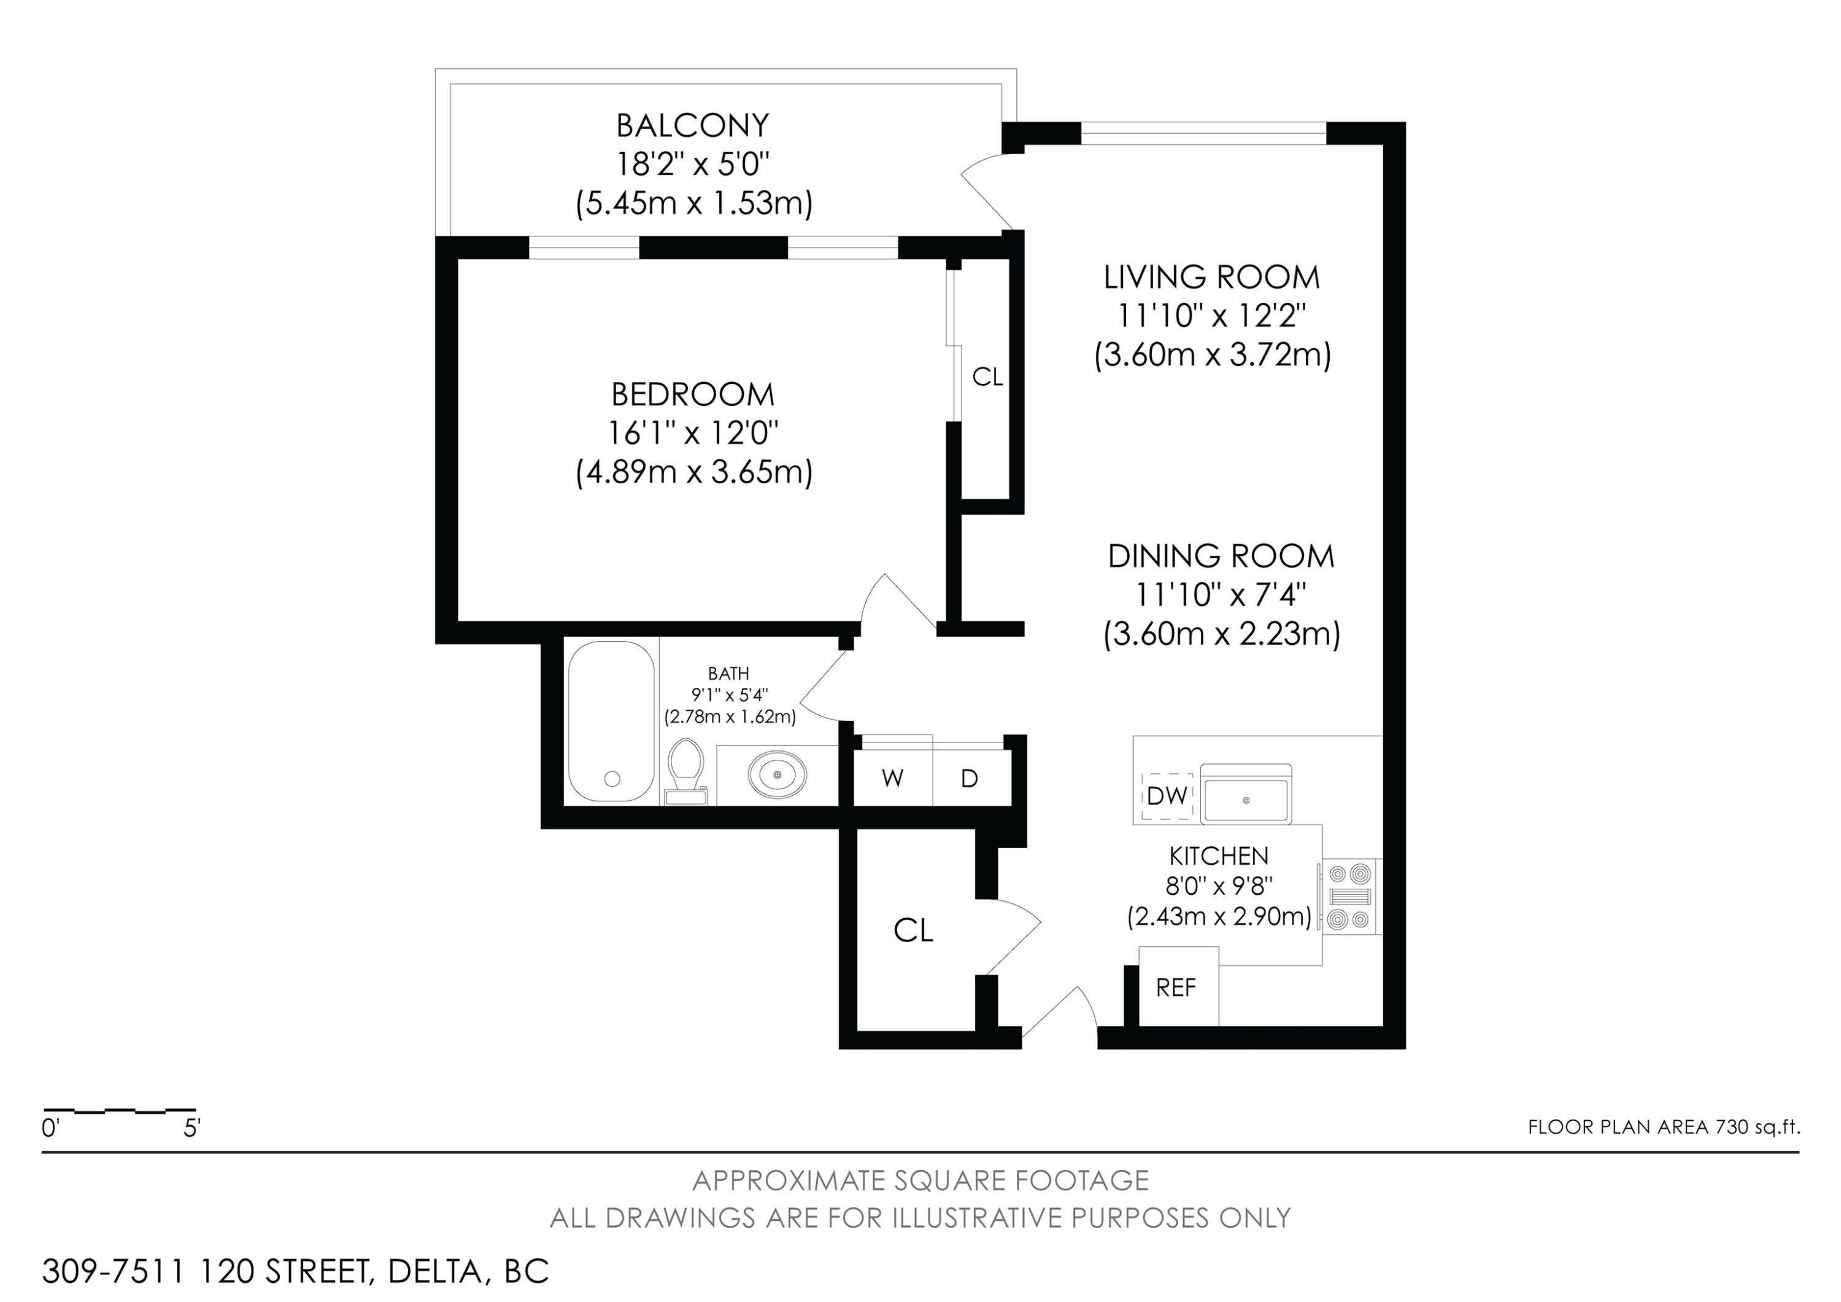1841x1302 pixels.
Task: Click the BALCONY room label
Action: (693, 126)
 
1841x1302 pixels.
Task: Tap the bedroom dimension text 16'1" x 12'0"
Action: (693, 434)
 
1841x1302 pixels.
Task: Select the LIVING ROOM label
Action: (1211, 278)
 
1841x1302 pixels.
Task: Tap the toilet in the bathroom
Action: (685, 771)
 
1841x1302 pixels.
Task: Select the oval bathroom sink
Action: (777, 774)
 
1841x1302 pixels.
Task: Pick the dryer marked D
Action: (970, 778)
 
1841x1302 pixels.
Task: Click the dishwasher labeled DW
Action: (1167, 797)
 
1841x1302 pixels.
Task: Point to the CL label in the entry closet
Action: (913, 930)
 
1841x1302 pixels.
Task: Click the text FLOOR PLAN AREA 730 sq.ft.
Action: (1664, 1127)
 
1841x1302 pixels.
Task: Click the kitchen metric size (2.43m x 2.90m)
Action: (1219, 916)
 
